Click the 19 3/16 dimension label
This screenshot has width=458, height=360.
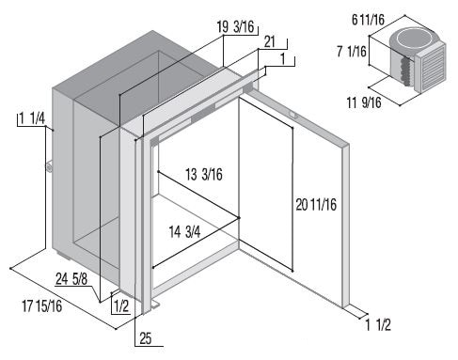pos(235,26)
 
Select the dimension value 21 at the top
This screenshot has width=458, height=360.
pos(270,42)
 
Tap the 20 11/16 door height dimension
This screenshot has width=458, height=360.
pos(316,205)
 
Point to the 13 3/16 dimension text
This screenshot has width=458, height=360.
pos(204,175)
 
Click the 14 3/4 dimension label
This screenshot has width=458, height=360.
pos(184,232)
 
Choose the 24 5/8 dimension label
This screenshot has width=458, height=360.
pos(71,279)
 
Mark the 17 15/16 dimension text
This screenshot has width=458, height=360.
pos(42,305)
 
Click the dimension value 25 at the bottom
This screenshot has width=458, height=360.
pos(146,338)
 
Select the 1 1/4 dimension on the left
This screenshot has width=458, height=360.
pos(32,119)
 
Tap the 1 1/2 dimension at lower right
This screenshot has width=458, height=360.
pos(378,325)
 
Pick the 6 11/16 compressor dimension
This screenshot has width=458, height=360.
pos(368,20)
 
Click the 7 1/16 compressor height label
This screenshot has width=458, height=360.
pos(352,51)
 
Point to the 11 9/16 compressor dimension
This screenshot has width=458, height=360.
pos(364,102)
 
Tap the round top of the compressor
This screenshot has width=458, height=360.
pos(411,39)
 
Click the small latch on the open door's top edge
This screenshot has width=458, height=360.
pos(292,115)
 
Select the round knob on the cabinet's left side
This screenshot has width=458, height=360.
pos(50,167)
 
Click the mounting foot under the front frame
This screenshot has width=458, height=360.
pos(155,305)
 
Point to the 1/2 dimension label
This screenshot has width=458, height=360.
pos(121,306)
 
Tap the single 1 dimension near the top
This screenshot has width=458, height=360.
pos(283,59)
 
